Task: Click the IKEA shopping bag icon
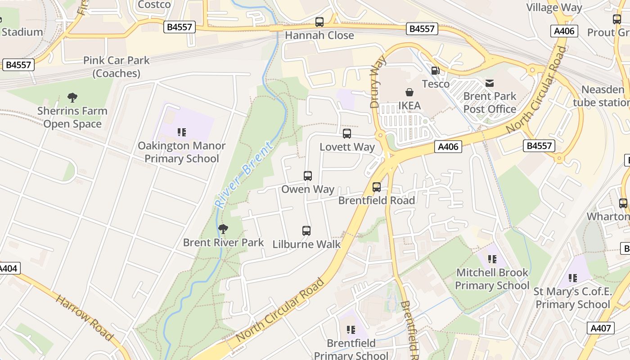pos(409,92)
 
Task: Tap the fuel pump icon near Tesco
pos(435,71)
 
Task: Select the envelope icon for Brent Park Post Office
pos(490,83)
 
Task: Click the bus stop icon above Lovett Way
pos(347,133)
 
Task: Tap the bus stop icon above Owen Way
pos(308,175)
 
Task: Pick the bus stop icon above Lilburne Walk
pos(306,231)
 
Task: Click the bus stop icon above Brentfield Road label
pos(377,187)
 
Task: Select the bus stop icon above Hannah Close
pos(319,22)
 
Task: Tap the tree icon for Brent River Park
pos(223,229)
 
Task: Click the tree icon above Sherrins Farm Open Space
pos(72,97)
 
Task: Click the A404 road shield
pos(8,269)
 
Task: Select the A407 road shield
pos(601,328)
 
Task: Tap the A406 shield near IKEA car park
pos(448,147)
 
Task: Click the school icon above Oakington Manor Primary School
pos(182,132)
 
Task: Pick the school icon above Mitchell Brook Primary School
pos(492,259)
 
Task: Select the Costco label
pos(154,4)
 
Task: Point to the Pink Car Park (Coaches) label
pos(116,67)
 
